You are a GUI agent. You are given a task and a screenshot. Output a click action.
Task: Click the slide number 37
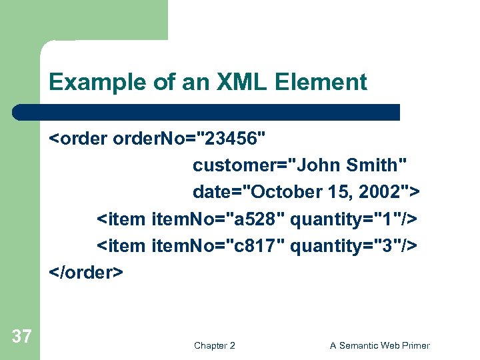point(21,337)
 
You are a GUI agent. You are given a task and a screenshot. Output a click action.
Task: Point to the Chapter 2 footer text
point(214,345)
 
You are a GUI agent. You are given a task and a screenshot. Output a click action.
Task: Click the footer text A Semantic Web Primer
point(379,345)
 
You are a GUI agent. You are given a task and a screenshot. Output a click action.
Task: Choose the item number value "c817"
point(255,245)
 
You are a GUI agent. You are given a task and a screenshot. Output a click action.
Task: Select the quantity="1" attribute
point(347,219)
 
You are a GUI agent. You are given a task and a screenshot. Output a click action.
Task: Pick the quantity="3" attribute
point(347,245)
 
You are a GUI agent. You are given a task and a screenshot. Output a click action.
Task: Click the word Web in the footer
point(387,345)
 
